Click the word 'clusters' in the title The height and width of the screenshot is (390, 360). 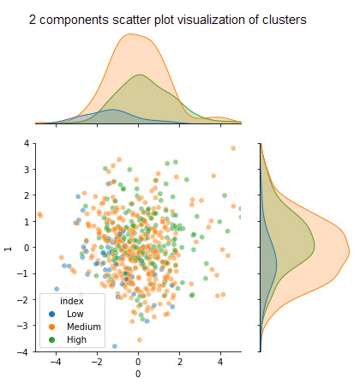pyautogui.click(x=285, y=20)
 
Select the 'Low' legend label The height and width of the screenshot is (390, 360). pyautogui.click(x=75, y=314)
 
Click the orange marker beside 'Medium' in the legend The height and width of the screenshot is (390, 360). pyautogui.click(x=52, y=327)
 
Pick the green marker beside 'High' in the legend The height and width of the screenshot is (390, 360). pyautogui.click(x=52, y=339)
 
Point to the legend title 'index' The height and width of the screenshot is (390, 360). pyautogui.click(x=72, y=301)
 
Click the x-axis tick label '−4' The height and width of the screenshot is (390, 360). pyautogui.click(x=56, y=362)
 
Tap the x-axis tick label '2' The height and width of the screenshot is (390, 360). pyautogui.click(x=179, y=362)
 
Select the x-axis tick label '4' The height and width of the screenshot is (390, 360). pyautogui.click(x=220, y=362)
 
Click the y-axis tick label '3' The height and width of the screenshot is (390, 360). pyautogui.click(x=27, y=170)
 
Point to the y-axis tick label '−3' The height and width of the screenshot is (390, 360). pyautogui.click(x=23, y=326)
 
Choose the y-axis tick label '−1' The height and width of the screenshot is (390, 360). pyautogui.click(x=23, y=273)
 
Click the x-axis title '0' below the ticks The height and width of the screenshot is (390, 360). pyautogui.click(x=138, y=374)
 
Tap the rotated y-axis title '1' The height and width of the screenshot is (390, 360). pyautogui.click(x=9, y=249)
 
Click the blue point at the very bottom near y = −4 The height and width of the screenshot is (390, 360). pyautogui.click(x=115, y=346)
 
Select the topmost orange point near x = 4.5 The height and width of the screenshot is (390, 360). pyautogui.click(x=233, y=148)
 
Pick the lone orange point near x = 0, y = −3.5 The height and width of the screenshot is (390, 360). pyautogui.click(x=140, y=340)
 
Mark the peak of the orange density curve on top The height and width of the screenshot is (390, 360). pyautogui.click(x=130, y=34)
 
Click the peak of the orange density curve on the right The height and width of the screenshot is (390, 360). pyautogui.click(x=349, y=251)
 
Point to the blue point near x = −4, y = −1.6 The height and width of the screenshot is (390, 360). pyautogui.click(x=57, y=289)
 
